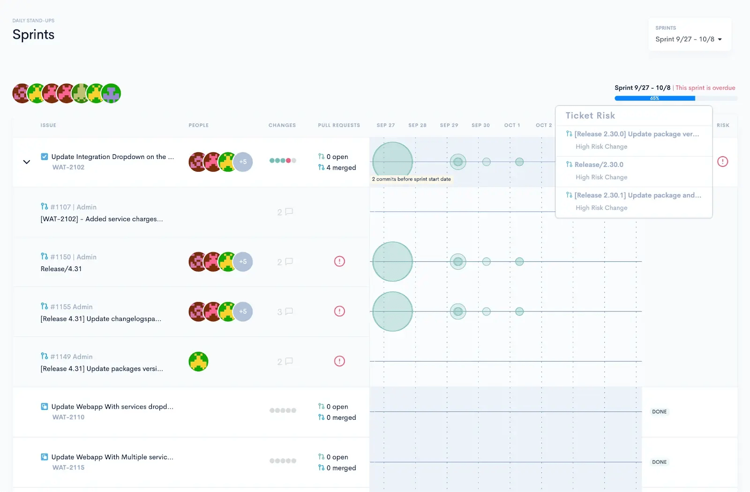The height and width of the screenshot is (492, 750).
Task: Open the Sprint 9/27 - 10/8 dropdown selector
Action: click(x=689, y=39)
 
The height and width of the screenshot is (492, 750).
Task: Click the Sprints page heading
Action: click(x=33, y=35)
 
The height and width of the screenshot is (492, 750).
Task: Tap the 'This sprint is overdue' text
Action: click(x=705, y=88)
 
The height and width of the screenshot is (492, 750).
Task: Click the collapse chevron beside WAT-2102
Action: click(x=27, y=162)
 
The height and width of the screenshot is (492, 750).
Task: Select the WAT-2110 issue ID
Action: click(x=68, y=417)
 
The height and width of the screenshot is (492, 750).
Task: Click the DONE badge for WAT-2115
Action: click(x=659, y=462)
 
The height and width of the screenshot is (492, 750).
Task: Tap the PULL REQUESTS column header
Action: click(x=339, y=125)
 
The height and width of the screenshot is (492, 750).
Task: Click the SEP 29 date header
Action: click(x=449, y=125)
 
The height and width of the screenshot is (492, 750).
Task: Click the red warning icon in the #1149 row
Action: click(x=339, y=361)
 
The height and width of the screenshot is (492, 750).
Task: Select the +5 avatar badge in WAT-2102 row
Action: click(x=243, y=162)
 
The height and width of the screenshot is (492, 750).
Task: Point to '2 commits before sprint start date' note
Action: click(x=411, y=179)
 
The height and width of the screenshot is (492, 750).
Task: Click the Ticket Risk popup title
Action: click(x=590, y=115)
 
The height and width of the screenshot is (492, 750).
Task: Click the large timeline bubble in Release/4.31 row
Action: click(x=392, y=262)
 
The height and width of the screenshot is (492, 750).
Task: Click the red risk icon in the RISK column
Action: click(x=722, y=162)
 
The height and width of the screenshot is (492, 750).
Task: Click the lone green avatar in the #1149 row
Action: click(x=198, y=362)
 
